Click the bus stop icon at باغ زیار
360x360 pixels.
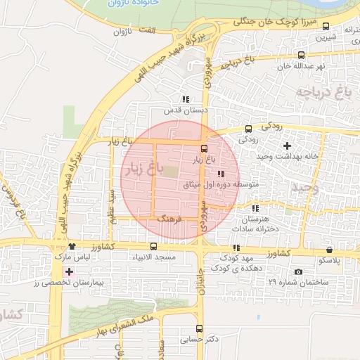point(205,148)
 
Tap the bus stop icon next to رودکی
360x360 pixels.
point(248,129)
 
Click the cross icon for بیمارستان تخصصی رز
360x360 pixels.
point(68,271)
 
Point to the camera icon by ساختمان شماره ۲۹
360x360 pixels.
point(298,271)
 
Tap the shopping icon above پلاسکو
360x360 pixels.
point(329,250)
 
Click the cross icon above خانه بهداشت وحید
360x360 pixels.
point(286,145)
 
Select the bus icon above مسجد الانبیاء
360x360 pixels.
point(154,247)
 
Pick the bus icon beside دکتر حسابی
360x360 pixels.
point(199,328)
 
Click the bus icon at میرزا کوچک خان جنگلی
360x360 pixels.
point(325,26)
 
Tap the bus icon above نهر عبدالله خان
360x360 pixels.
point(301,55)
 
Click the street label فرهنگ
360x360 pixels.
point(169,220)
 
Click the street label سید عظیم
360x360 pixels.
point(111,205)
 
